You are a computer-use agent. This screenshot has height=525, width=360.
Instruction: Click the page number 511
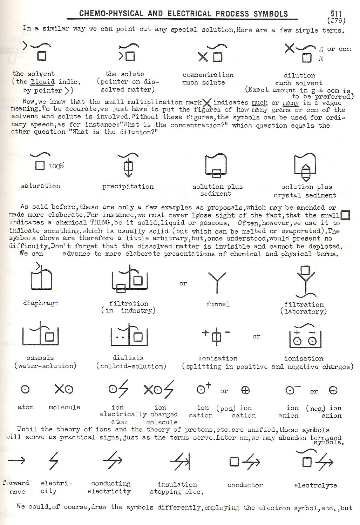[x=335, y=14]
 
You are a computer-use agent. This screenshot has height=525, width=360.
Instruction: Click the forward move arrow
[x=16, y=460]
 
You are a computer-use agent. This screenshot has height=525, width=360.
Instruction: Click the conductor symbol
[x=245, y=462]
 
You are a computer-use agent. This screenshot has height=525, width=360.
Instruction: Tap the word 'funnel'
[x=218, y=304]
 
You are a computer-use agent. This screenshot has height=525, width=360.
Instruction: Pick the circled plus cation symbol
[x=246, y=390]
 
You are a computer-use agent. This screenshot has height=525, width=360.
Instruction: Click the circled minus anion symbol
[x=333, y=390]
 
